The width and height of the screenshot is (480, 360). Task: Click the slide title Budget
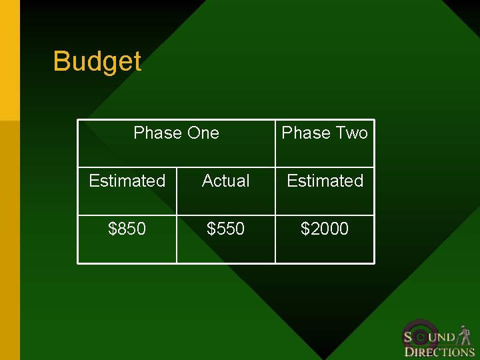97,61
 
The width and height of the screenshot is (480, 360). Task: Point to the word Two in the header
351,133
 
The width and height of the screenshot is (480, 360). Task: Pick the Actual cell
226,181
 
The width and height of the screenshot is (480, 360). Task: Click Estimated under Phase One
127,181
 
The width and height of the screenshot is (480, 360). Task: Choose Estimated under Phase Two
325,181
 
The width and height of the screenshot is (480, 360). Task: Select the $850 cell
127,229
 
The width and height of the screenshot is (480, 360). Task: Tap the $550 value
226,229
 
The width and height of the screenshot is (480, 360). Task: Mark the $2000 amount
325,229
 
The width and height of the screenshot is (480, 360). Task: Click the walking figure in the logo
465,335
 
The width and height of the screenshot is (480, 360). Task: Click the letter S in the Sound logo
408,337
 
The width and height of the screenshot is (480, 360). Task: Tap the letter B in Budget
61,61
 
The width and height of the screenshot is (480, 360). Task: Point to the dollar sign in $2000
305,229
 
